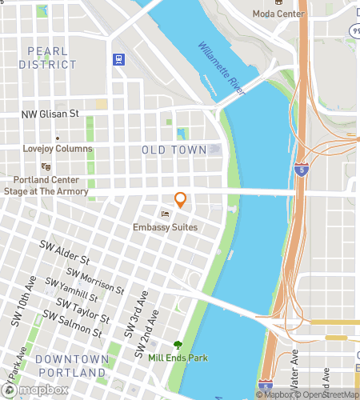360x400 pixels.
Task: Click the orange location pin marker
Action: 181,200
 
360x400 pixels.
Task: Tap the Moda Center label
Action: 278,14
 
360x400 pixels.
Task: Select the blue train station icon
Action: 119,58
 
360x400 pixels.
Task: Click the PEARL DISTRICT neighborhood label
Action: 47,58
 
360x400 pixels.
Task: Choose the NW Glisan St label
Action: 50,114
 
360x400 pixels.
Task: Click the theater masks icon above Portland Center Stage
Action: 46,166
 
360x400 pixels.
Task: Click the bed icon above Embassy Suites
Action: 166,214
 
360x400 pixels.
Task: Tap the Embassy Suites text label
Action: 166,228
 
